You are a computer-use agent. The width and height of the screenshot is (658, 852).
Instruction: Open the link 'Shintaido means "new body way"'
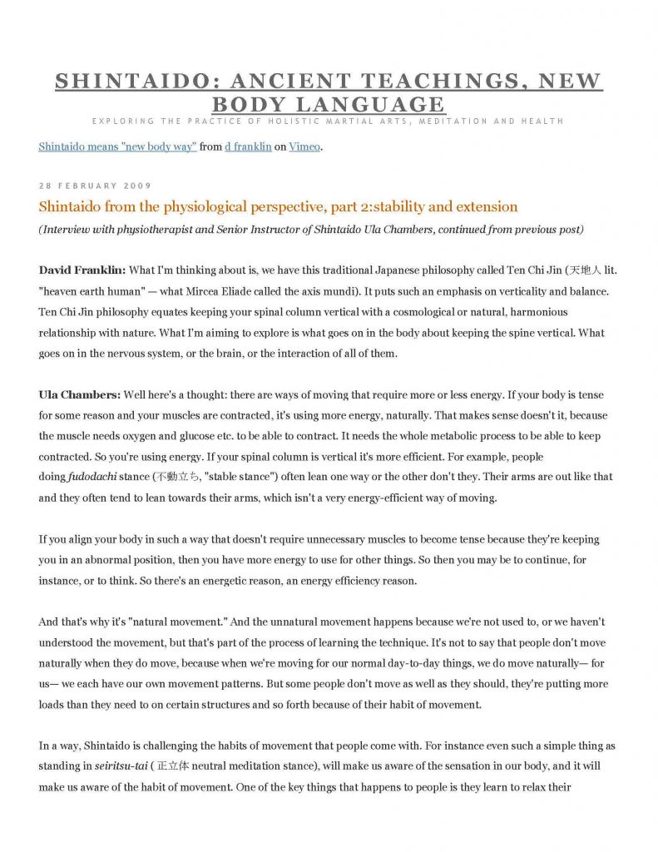pyautogui.click(x=117, y=147)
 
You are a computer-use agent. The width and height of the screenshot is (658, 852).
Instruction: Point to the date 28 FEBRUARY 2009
pyautogui.click(x=95, y=185)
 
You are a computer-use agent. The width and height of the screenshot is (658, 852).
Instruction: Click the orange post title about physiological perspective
pyautogui.click(x=278, y=206)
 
